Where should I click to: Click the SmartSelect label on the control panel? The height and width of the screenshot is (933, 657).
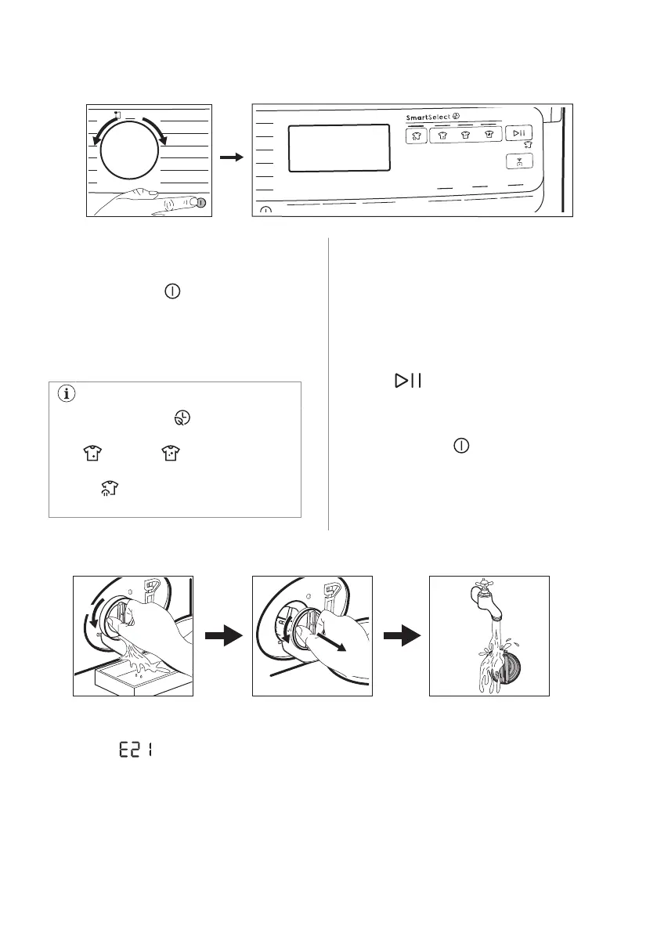coord(435,118)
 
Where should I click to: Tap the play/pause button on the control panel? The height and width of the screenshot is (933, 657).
coord(519,134)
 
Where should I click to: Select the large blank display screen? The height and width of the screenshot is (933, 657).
coord(339,148)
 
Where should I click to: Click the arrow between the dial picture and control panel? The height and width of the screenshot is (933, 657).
coord(230,157)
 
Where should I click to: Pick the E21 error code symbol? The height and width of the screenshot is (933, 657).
coord(135,750)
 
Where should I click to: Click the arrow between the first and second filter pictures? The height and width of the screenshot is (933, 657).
coord(222,636)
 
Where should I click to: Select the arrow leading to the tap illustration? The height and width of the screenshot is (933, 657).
coord(401,636)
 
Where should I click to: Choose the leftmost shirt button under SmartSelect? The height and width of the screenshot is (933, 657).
coord(416,135)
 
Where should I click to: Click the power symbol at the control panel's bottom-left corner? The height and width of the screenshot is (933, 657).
coord(265,210)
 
